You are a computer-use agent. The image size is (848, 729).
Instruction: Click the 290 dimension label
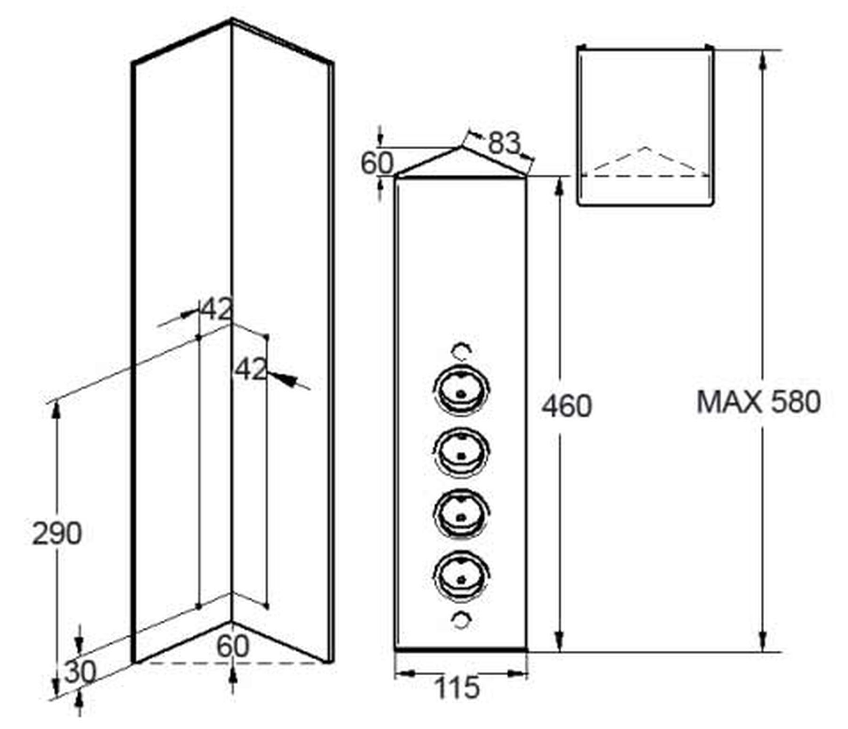click(57, 534)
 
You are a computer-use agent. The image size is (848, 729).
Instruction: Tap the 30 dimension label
click(80, 672)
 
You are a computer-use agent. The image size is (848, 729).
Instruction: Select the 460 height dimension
click(566, 406)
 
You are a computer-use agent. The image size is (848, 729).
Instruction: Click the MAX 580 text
click(758, 402)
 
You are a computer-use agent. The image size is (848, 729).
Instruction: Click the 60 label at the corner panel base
click(232, 646)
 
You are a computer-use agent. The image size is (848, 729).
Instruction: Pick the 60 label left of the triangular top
click(377, 163)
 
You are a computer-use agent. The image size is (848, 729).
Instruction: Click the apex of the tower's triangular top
click(461, 147)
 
